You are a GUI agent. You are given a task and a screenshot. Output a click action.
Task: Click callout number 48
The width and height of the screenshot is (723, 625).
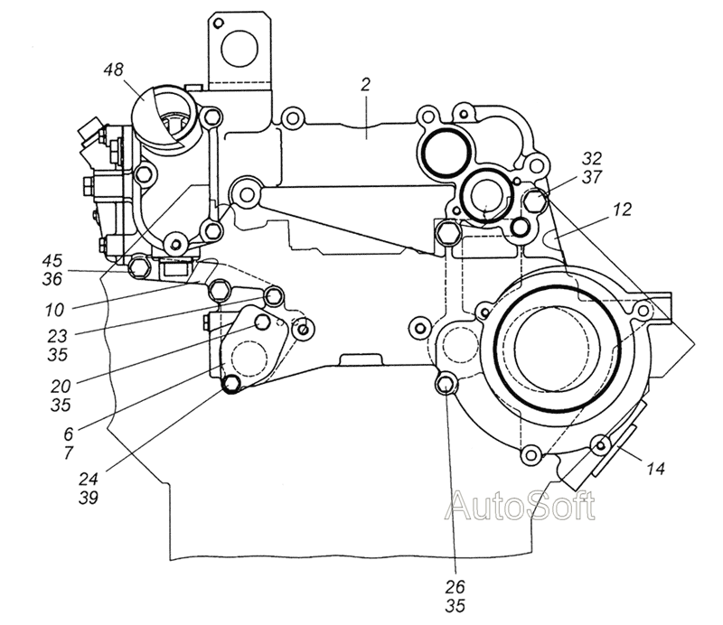(x=114, y=70)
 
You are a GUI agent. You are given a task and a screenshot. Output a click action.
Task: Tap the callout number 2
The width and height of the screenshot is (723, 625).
(x=365, y=85)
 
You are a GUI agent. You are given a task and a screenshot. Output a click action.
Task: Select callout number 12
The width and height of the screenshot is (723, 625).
(x=622, y=210)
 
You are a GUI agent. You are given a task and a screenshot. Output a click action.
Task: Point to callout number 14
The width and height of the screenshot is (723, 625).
(x=655, y=469)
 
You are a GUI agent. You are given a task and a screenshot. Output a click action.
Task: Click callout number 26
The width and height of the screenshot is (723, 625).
(x=455, y=587)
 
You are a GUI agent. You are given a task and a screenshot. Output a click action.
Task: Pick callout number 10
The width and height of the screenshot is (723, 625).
(x=54, y=310)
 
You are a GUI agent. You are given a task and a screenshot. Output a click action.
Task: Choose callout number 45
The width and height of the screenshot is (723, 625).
(x=52, y=260)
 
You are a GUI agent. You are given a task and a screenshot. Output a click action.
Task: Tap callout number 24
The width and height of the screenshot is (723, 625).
(x=88, y=479)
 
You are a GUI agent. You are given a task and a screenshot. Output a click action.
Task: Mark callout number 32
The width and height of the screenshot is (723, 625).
(x=592, y=159)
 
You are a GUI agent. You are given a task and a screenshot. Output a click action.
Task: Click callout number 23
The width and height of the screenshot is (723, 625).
(x=58, y=336)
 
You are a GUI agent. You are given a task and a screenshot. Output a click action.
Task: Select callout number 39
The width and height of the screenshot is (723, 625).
(x=88, y=498)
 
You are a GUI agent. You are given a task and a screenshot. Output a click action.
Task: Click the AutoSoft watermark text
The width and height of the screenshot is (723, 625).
(x=521, y=506)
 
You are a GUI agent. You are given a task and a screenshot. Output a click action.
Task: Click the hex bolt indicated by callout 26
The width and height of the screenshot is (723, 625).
(x=446, y=384)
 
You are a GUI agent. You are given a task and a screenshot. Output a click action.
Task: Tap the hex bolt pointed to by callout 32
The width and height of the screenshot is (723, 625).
(x=535, y=200)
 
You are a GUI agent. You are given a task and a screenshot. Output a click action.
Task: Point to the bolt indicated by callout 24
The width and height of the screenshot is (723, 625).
(x=231, y=383)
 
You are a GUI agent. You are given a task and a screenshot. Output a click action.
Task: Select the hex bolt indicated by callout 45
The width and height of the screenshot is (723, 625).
(x=139, y=266)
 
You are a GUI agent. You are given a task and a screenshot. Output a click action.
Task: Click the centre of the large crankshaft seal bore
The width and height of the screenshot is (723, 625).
(x=557, y=347)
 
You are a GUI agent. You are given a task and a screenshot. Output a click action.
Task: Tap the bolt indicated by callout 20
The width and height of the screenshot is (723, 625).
(x=263, y=322)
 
